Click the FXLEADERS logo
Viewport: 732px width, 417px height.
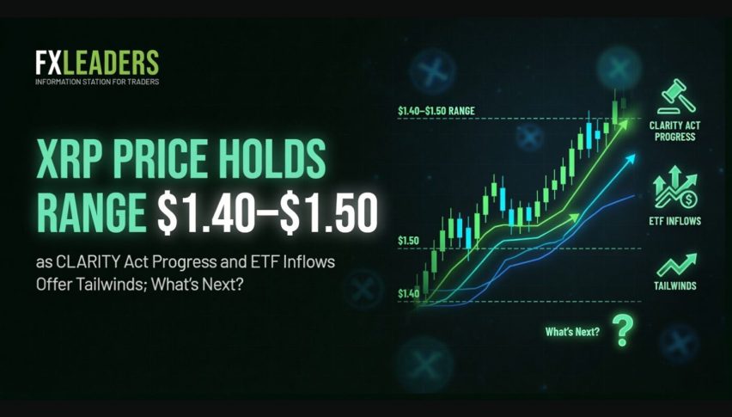[x=97, y=63]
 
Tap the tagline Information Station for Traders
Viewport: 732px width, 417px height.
[x=97, y=82]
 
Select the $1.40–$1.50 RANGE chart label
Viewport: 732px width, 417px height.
[x=436, y=111]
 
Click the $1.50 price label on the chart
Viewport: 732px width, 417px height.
[x=408, y=241]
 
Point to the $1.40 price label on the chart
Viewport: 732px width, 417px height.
[x=408, y=294]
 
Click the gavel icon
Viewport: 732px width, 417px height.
[x=676, y=96]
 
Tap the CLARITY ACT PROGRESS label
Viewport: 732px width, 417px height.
[x=674, y=132]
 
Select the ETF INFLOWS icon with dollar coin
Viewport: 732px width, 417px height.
[x=675, y=187]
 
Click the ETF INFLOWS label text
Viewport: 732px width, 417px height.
[x=674, y=221]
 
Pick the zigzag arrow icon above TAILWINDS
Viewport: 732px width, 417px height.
[x=676, y=265]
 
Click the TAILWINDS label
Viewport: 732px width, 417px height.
[x=675, y=285]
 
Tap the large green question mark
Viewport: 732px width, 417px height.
[x=623, y=330]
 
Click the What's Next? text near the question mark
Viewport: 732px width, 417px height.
[x=573, y=332]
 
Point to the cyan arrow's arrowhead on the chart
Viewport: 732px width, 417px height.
[x=631, y=159]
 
